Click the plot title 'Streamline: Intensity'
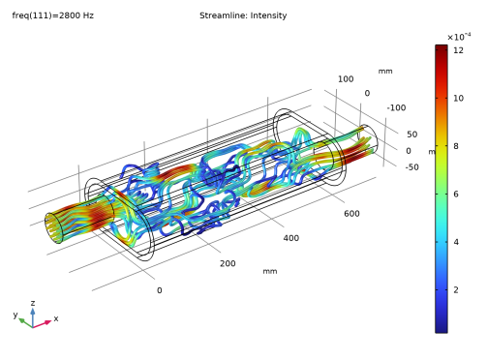pyautogui.click(x=243, y=15)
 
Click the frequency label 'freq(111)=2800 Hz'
pyautogui.click(x=53, y=15)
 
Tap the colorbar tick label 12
pyautogui.click(x=458, y=50)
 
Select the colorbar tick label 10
pyautogui.click(x=458, y=98)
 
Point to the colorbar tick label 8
pyautogui.click(x=456, y=146)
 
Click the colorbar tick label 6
pyautogui.click(x=456, y=194)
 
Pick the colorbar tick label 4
pyautogui.click(x=456, y=242)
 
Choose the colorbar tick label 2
pyautogui.click(x=456, y=289)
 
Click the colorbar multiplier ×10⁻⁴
pyautogui.click(x=459, y=37)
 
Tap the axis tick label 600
pyautogui.click(x=351, y=214)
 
